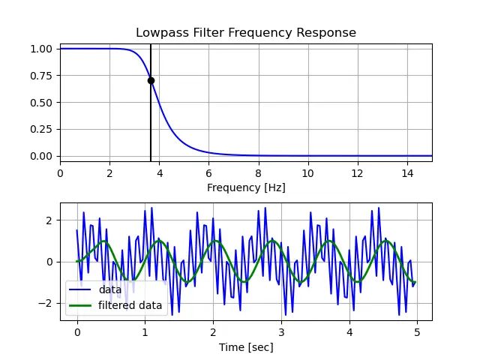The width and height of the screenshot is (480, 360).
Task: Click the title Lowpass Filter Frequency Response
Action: (246, 33)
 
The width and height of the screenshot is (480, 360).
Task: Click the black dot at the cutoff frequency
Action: (151, 80)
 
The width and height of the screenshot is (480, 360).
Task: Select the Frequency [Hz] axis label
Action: (246, 187)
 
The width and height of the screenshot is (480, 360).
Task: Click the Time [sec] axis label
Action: (246, 347)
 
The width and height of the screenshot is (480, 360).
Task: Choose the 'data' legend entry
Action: (110, 289)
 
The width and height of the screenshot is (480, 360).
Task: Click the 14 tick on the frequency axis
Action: (406, 172)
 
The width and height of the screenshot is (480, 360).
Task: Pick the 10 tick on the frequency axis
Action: (307, 172)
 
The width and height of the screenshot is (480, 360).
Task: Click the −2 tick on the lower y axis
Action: (46, 303)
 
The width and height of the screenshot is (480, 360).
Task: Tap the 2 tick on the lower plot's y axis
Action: (50, 220)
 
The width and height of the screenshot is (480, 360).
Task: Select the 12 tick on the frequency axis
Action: (357, 172)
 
